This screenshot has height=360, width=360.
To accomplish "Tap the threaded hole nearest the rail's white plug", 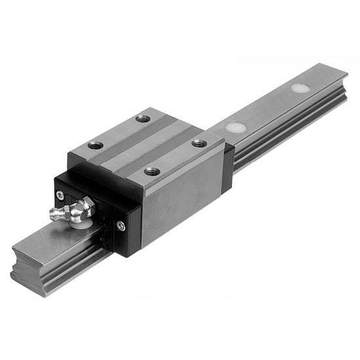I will point(200,143).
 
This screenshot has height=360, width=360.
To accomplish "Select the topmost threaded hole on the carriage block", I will point(142,119).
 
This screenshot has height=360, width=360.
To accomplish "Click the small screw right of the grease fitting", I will point(119,226).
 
